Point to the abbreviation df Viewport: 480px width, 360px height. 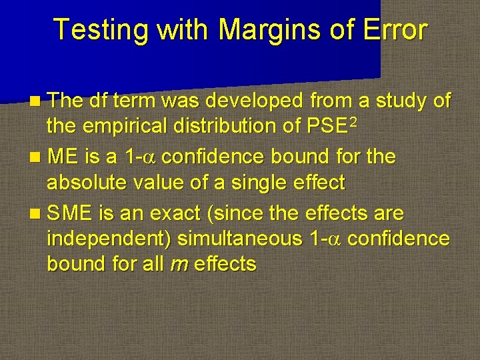98,101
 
